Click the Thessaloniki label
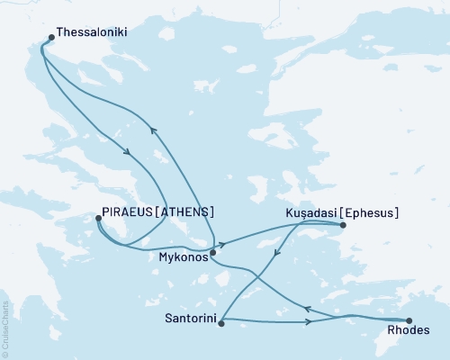91,31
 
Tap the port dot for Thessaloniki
50,38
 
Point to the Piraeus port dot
98,218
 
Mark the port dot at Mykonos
212,254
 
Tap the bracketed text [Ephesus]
370,212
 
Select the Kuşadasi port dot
344,225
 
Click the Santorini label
189,319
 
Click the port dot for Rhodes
409,320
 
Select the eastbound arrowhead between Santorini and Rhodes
309,320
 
